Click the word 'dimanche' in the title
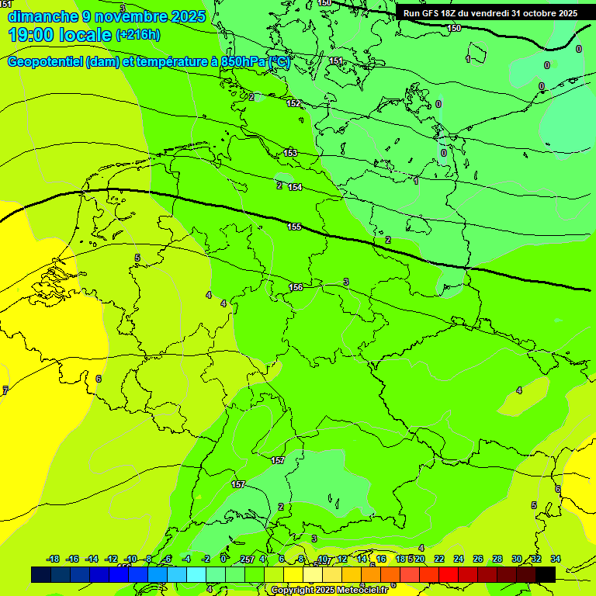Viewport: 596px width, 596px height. pyautogui.click(x=43, y=16)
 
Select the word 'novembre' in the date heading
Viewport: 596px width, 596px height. pyautogui.click(x=132, y=16)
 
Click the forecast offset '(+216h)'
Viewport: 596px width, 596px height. pyautogui.click(x=138, y=35)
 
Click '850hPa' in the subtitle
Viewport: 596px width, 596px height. pyautogui.click(x=241, y=62)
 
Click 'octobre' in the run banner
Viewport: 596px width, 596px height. pyautogui.click(x=540, y=13)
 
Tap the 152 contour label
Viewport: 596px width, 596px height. pyautogui.click(x=293, y=103)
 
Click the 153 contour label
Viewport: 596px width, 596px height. pyautogui.click(x=290, y=153)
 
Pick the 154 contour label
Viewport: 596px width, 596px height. pyautogui.click(x=295, y=187)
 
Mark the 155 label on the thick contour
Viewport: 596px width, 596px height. pyautogui.click(x=294, y=227)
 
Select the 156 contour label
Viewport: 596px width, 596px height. pyautogui.click(x=296, y=287)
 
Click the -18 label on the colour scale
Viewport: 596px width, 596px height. pyautogui.click(x=54, y=559)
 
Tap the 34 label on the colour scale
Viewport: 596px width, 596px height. pyautogui.click(x=556, y=559)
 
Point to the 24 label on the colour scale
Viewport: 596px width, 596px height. pyautogui.click(x=458, y=559)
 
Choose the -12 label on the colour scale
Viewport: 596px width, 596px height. pyautogui.click(x=112, y=559)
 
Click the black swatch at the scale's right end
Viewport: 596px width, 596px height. pyautogui.click(x=545, y=574)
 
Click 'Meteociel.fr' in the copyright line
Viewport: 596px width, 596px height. pyautogui.click(x=359, y=591)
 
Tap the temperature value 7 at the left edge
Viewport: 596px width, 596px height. pyautogui.click(x=5, y=390)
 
